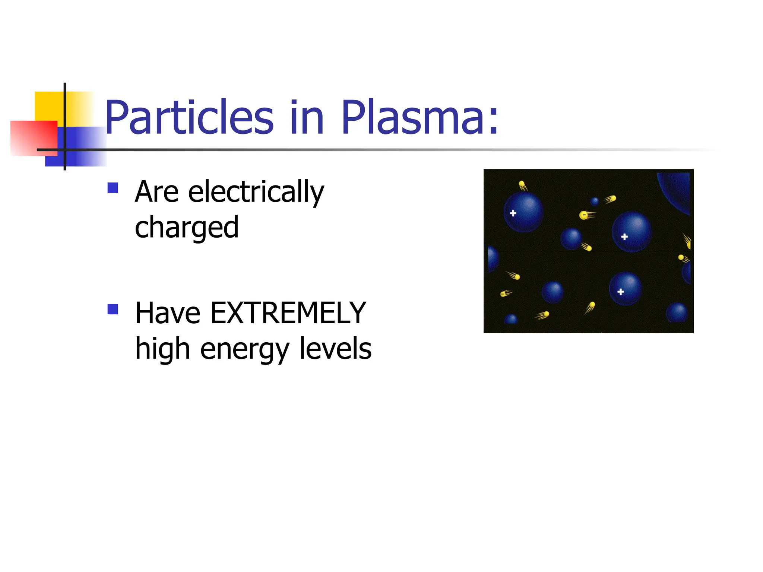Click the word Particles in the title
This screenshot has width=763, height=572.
point(189,117)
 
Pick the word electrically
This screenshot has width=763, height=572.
point(256,193)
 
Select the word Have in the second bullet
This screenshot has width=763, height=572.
point(168,313)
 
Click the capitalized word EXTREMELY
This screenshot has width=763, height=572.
point(288,313)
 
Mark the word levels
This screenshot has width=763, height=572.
point(335,349)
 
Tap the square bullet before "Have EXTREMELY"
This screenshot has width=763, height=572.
point(113,309)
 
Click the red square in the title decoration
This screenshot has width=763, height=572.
point(34,138)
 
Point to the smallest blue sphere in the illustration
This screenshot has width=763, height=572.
point(595,201)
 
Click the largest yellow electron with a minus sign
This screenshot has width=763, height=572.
point(584,215)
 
